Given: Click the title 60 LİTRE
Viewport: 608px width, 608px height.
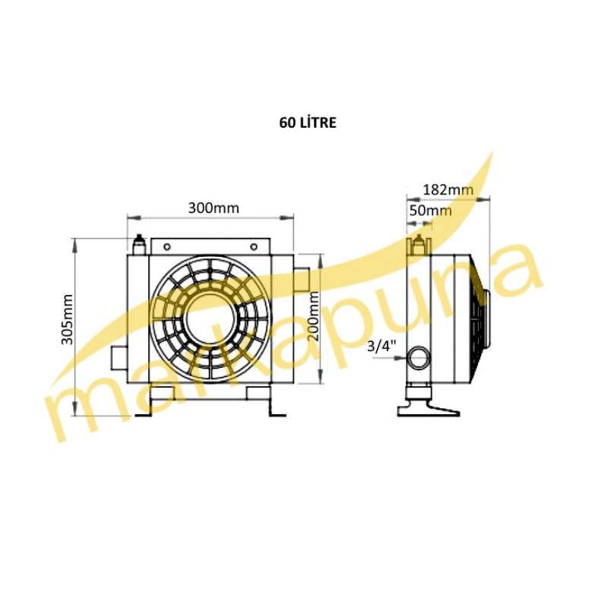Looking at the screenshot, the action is pyautogui.click(x=308, y=122).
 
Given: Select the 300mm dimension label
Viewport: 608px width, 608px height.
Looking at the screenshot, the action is pyautogui.click(x=214, y=208).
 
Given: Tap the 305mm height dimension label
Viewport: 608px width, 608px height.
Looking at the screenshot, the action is pyautogui.click(x=67, y=319).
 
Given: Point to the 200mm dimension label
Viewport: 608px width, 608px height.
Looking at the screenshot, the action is pyautogui.click(x=313, y=316).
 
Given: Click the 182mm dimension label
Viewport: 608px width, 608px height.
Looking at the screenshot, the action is pyautogui.click(x=448, y=189).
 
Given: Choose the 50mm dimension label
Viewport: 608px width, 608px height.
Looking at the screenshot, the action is pyautogui.click(x=430, y=211).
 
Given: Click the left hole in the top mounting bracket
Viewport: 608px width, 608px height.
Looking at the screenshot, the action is pyautogui.click(x=167, y=246).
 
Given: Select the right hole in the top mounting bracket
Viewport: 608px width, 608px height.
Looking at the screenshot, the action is pyautogui.click(x=254, y=246).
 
